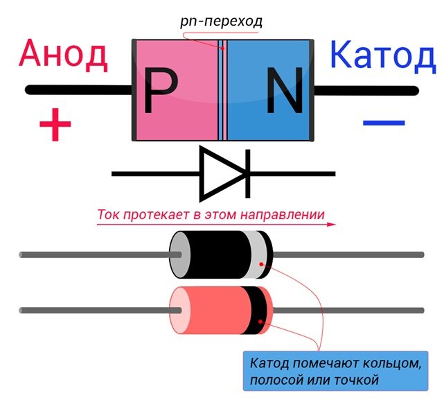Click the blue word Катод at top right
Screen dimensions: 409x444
click(x=382, y=55)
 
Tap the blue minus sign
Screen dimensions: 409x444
click(x=383, y=123)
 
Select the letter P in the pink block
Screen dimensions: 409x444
click(x=160, y=92)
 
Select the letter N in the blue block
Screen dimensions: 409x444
click(x=284, y=92)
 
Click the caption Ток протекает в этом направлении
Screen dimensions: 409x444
click(x=211, y=214)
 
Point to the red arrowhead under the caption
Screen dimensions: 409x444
click(x=331, y=225)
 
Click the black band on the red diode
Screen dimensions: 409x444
click(x=262, y=310)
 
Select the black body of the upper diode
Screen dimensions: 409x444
click(x=218, y=254)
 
